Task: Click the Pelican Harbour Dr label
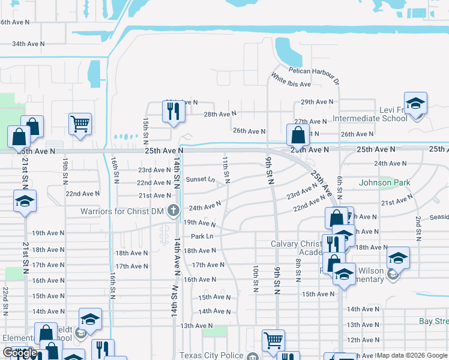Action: [x=314, y=72]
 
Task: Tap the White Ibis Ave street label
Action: [x=291, y=80]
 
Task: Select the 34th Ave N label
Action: [x=29, y=44]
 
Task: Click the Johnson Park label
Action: [x=384, y=182]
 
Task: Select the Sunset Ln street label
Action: [x=200, y=179]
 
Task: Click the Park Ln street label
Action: [x=202, y=236]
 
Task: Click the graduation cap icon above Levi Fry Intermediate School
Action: [x=415, y=103]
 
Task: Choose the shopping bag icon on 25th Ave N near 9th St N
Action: [x=298, y=135]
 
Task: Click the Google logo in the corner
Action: [x=20, y=353]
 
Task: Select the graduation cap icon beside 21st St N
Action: [x=25, y=201]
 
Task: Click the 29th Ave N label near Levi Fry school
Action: [x=316, y=102]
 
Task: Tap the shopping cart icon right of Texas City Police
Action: [x=273, y=340]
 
